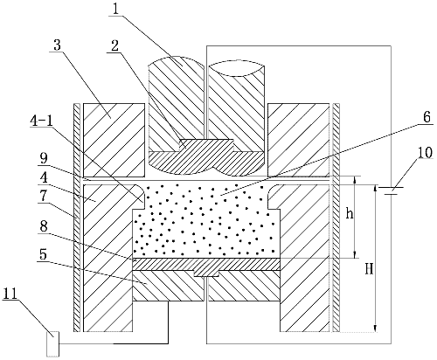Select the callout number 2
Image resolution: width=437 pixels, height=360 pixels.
[114, 45]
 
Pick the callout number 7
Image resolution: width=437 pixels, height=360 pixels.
[43, 196]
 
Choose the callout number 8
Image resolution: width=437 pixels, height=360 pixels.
[44, 226]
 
